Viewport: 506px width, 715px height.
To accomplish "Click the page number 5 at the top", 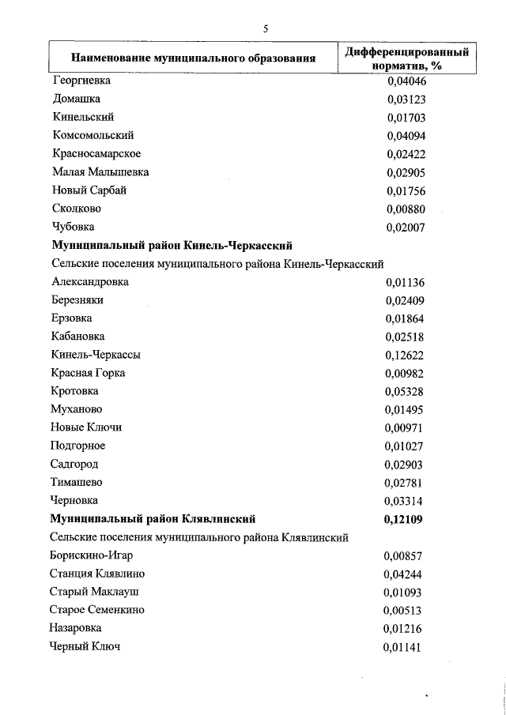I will [x=266, y=28].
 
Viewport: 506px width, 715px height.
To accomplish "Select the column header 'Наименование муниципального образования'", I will [x=194, y=58].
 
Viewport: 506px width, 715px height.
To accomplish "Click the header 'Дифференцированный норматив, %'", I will [x=406, y=58].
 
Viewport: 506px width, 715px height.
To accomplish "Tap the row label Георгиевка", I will [x=81, y=81].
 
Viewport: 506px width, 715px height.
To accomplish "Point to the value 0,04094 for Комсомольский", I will [x=406, y=135].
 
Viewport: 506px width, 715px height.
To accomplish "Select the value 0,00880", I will [x=406, y=209].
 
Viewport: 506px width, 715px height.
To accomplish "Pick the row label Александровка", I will [x=89, y=281].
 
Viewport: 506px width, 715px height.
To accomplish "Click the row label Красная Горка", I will [x=88, y=373].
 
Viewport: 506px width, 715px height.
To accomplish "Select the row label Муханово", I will [x=77, y=409].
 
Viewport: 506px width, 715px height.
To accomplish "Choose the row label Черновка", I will [x=74, y=500].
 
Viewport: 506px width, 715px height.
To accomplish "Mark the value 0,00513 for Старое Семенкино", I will [x=404, y=610].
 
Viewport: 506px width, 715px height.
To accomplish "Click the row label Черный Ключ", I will [x=85, y=647].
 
